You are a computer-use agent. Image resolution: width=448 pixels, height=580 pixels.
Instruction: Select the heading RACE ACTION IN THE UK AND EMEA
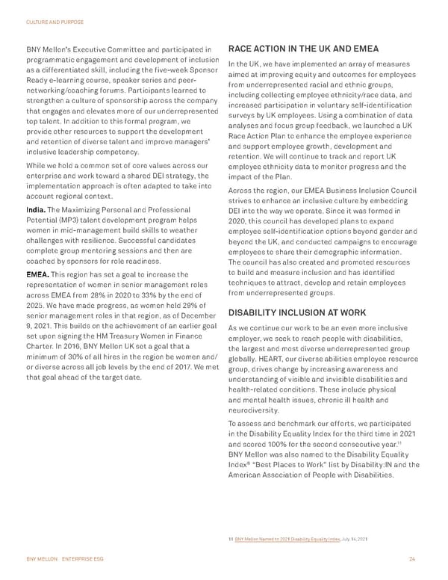tap(305, 49)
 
